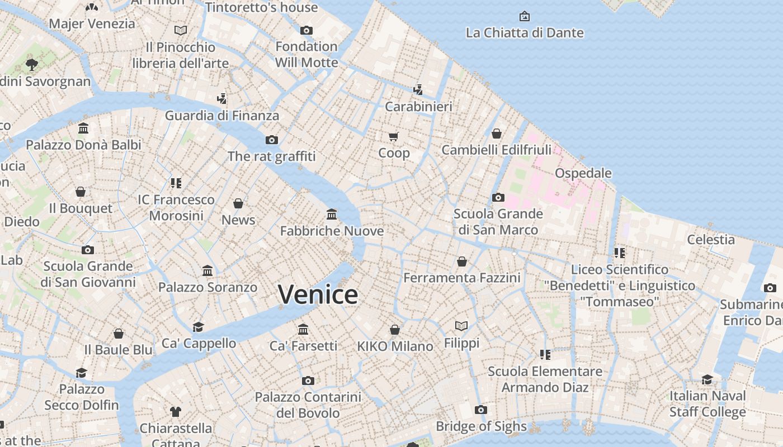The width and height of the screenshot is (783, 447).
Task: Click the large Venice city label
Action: (x=318, y=294)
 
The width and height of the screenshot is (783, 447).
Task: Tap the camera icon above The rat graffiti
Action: (x=272, y=140)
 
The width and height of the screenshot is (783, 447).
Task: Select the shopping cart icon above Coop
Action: (x=394, y=136)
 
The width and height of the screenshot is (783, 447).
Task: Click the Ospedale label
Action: (x=583, y=173)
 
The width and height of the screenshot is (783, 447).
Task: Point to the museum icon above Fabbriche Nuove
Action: (x=332, y=215)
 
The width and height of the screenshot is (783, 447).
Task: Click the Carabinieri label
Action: (x=418, y=106)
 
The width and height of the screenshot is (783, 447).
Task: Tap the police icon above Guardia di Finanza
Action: (x=222, y=99)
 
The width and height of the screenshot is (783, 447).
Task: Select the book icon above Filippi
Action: (x=461, y=326)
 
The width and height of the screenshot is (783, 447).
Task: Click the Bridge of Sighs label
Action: (x=481, y=427)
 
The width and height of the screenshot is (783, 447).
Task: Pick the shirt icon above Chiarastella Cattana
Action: (x=176, y=412)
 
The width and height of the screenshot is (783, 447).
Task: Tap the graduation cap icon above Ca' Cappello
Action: (x=199, y=327)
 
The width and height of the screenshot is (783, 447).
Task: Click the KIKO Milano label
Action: (x=395, y=346)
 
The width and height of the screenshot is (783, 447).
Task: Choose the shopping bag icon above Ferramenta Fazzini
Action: (x=462, y=261)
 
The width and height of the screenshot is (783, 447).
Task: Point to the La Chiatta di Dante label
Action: (x=525, y=33)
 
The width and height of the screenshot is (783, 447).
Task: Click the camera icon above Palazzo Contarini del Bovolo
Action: (x=308, y=381)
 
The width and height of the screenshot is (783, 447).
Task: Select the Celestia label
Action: (x=711, y=240)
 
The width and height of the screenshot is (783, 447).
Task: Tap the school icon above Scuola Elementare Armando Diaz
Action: (x=545, y=354)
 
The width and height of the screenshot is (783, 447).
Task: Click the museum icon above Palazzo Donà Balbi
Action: (x=83, y=129)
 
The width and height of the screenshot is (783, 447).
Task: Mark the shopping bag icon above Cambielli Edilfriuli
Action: (x=496, y=134)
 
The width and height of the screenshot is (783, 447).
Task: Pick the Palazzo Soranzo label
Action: (x=207, y=287)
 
